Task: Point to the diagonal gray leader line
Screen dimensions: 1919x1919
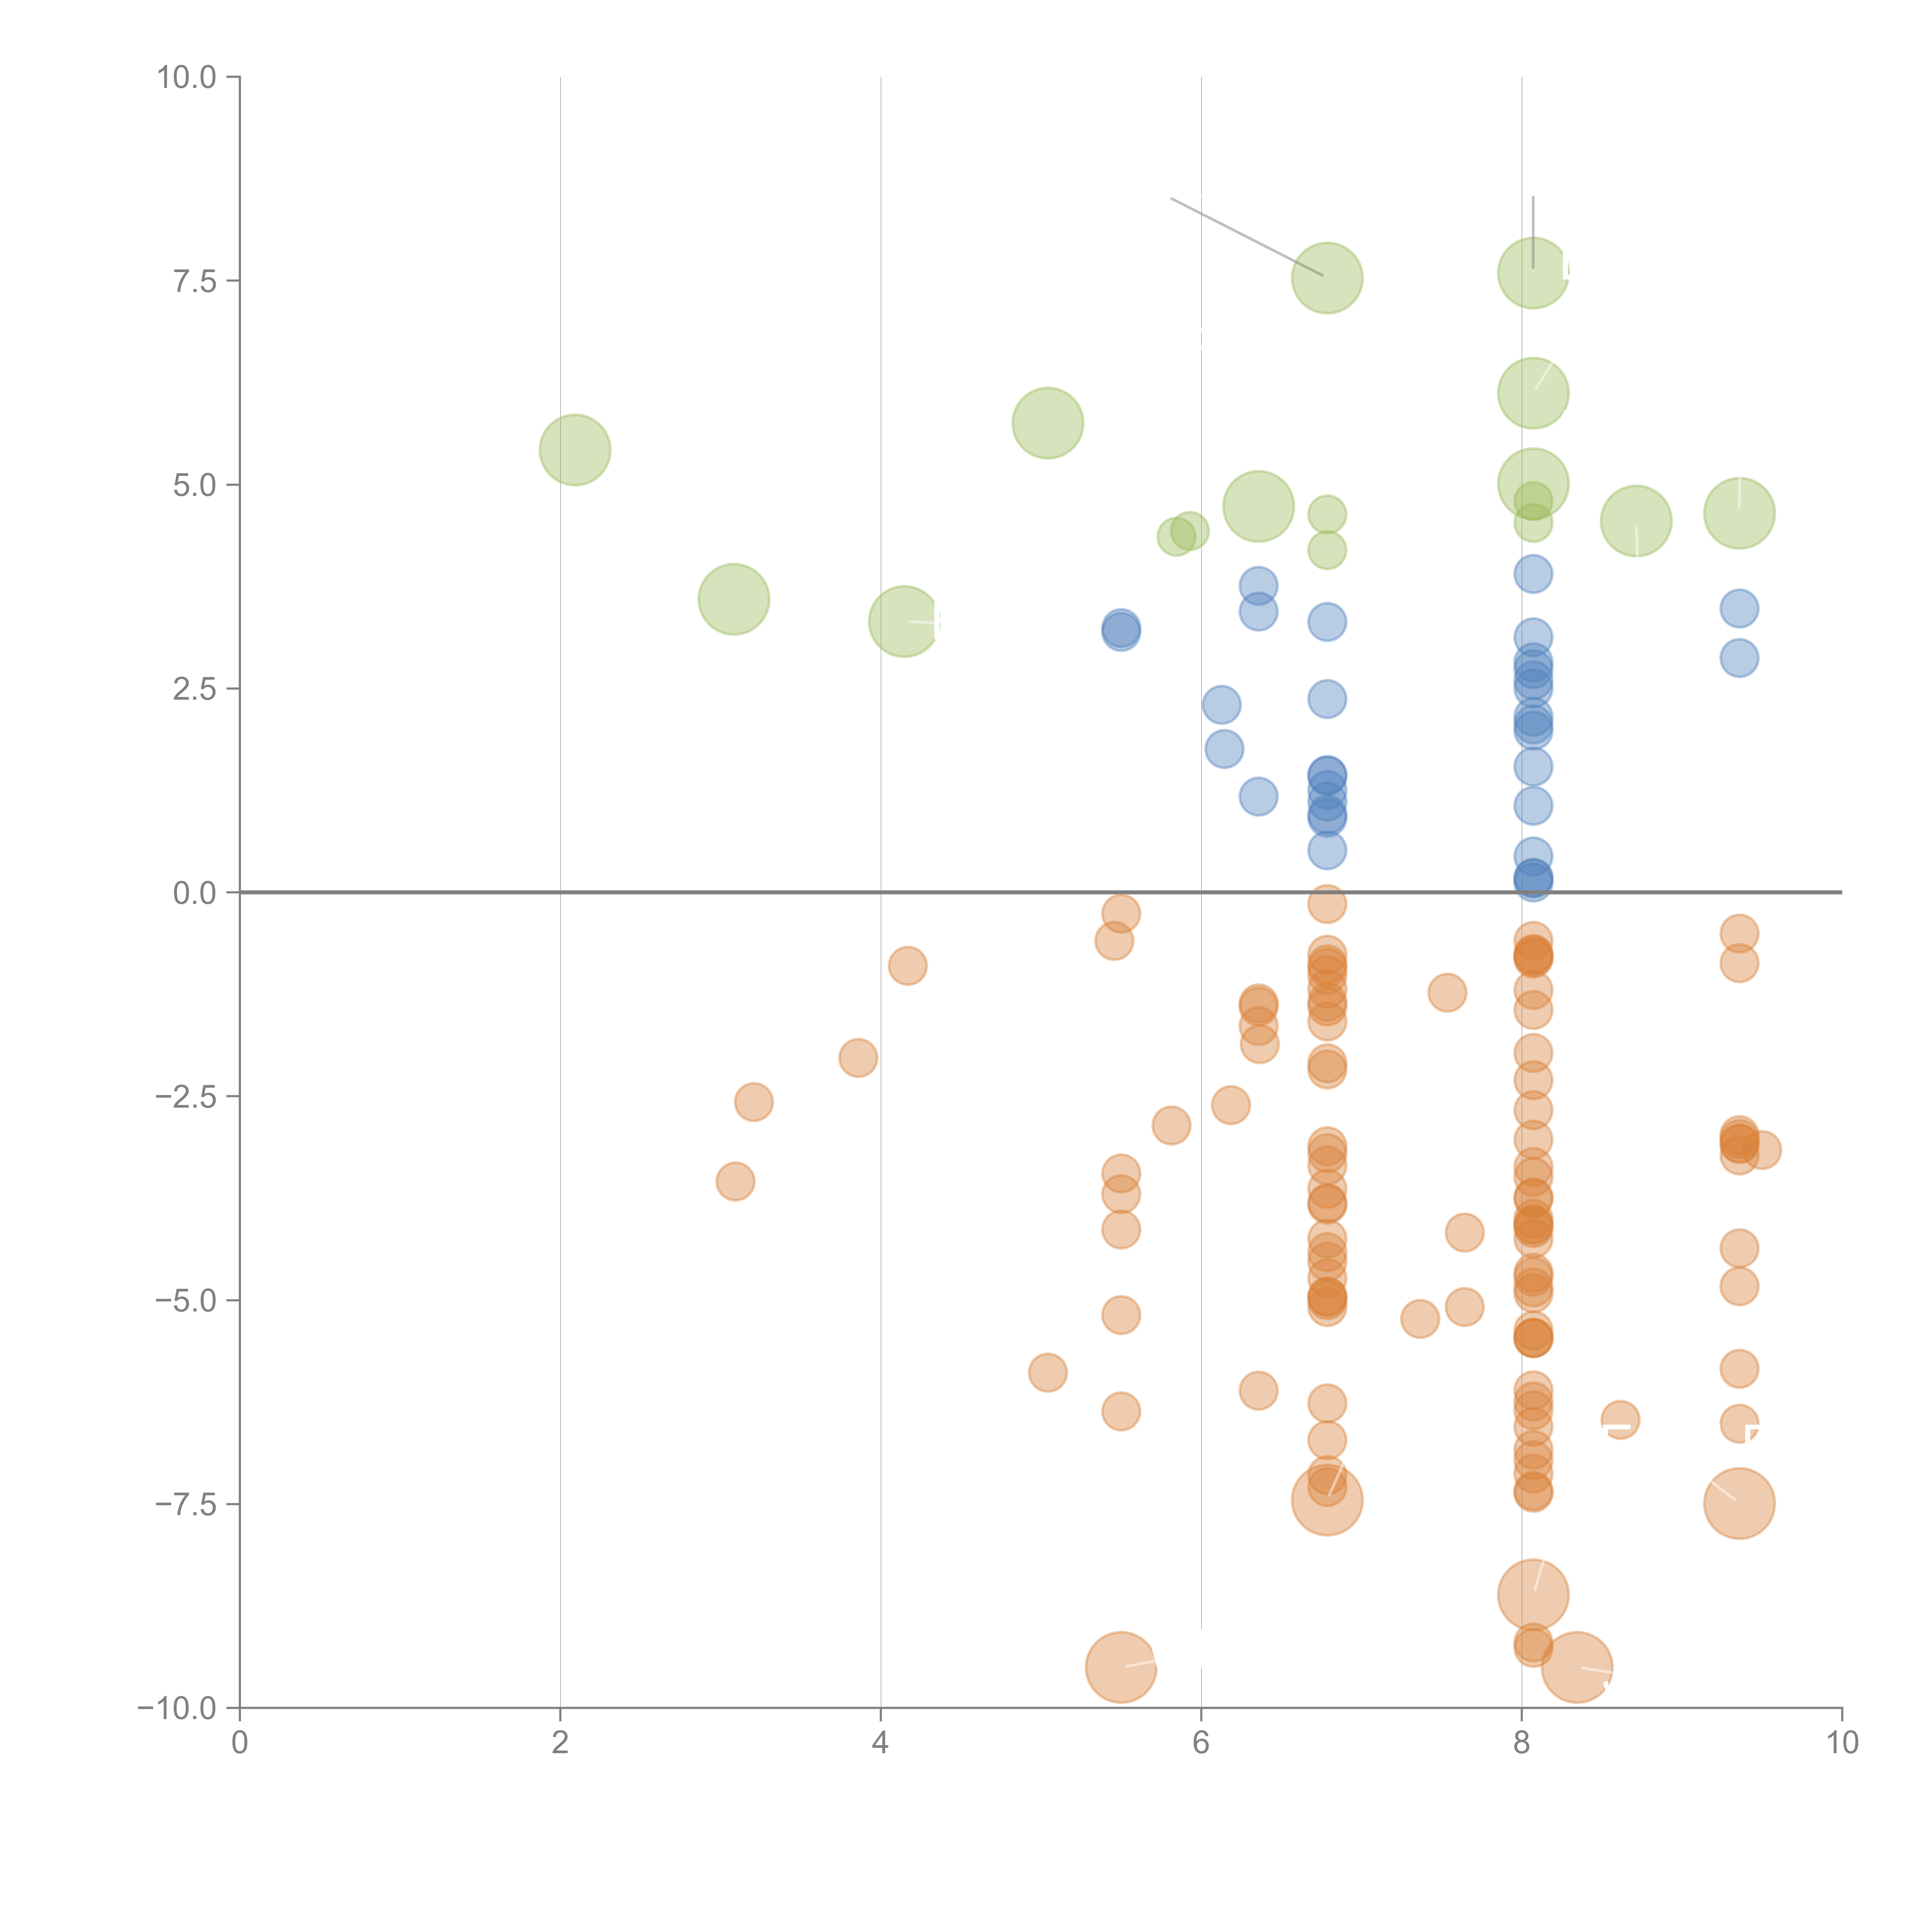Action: pos(1247,236)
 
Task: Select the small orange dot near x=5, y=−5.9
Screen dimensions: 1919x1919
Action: pos(1047,1373)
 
